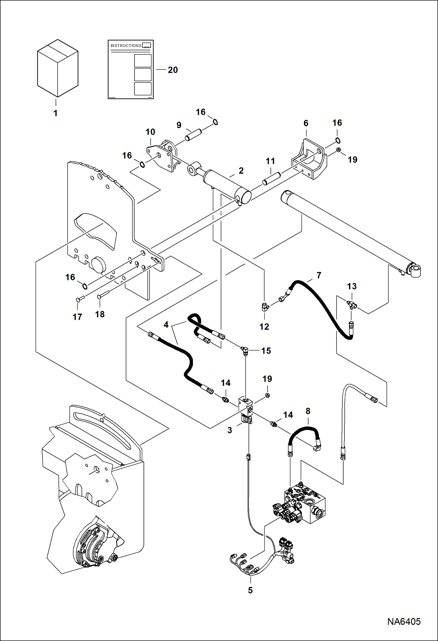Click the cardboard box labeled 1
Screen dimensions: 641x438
pos(58,68)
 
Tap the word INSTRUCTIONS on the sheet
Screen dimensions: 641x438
pos(126,46)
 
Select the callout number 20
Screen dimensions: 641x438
pos(173,70)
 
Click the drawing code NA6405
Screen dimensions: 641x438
pos(404,621)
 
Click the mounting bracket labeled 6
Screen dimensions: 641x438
pos(310,159)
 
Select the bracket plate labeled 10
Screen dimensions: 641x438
pos(162,156)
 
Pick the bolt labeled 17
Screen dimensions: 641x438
pos(80,299)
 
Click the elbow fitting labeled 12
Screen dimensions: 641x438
pos(265,307)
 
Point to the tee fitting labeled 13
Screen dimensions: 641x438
pos(352,305)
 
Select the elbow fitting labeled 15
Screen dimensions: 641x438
pos(244,350)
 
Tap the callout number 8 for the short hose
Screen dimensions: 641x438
pos(308,411)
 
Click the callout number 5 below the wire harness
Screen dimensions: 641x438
pos(250,590)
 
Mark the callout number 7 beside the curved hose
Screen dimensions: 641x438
pos(319,275)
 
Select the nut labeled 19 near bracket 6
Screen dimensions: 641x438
pos(338,150)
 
